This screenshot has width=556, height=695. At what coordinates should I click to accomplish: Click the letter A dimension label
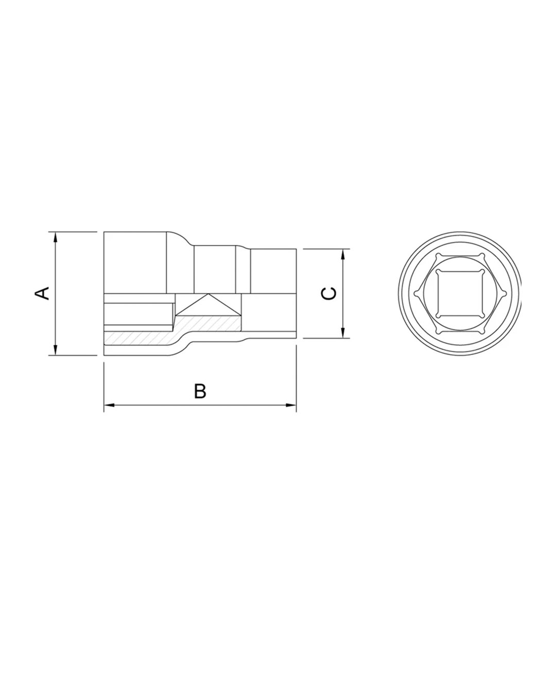point(42,293)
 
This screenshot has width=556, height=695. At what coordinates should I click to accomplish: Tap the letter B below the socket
point(200,391)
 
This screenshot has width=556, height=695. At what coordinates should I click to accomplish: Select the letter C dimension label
point(328,293)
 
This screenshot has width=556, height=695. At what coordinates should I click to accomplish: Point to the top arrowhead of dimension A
point(56,237)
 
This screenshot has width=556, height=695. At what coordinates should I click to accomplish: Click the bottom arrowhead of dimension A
point(56,350)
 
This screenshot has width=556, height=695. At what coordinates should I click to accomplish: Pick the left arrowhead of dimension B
point(109,405)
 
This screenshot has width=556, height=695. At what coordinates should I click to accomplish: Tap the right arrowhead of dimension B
point(291,405)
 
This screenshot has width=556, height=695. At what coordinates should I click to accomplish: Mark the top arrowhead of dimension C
point(343,254)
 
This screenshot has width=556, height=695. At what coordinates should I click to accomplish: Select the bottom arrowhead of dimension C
point(343,333)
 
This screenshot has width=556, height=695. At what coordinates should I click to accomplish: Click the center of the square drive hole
point(460,293)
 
